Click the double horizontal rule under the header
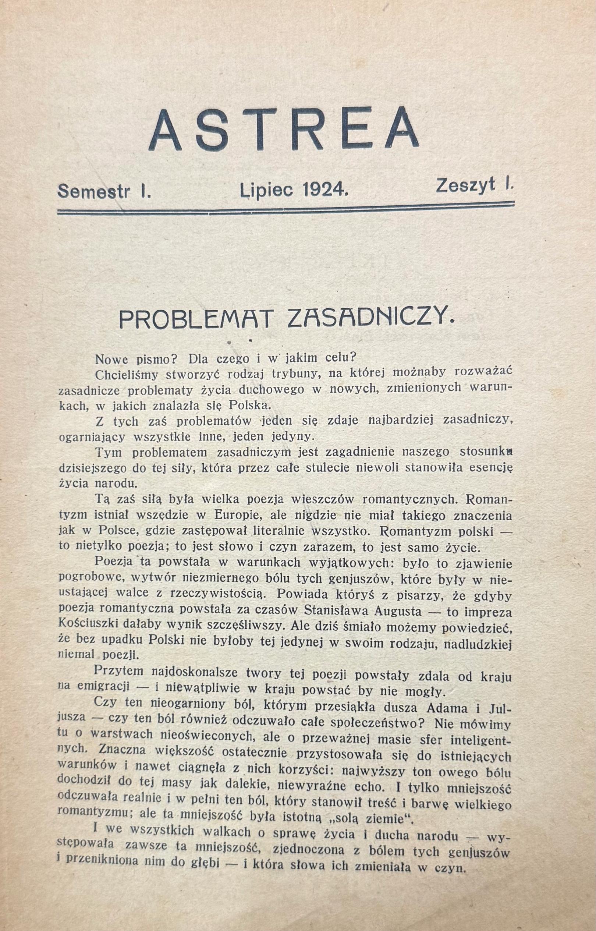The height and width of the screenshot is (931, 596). point(285,208)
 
